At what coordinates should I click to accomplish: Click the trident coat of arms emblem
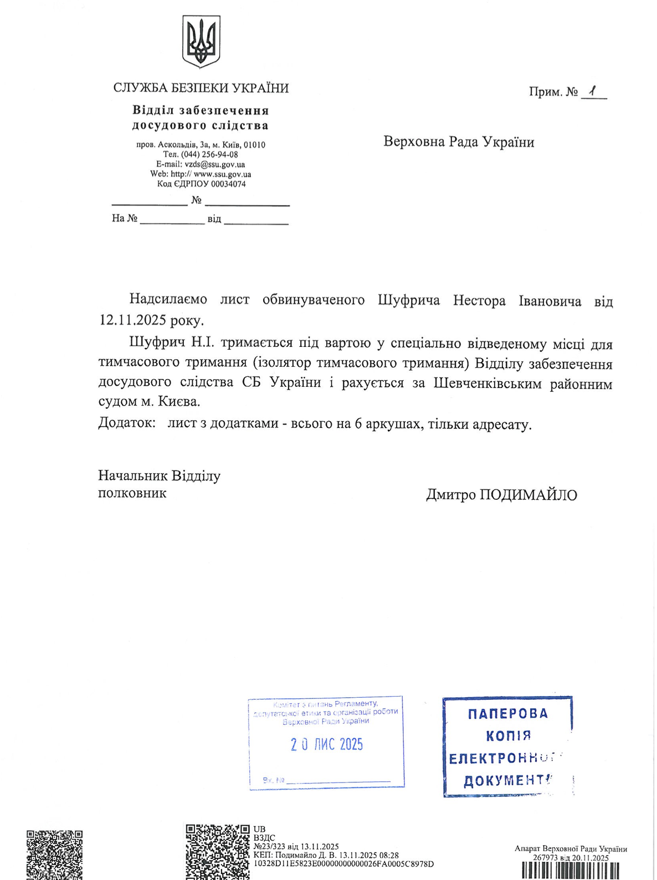(x=201, y=42)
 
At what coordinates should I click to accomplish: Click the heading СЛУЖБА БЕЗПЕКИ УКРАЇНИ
(x=201, y=88)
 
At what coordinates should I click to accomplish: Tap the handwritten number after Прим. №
(x=593, y=91)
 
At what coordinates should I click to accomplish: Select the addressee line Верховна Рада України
(x=459, y=142)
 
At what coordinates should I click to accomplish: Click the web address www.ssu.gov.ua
(x=222, y=174)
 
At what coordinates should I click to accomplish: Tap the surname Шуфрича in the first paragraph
(x=409, y=300)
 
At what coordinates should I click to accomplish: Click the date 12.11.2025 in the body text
(x=134, y=320)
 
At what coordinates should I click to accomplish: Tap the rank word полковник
(x=132, y=493)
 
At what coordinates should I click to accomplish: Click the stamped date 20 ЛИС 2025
(x=326, y=744)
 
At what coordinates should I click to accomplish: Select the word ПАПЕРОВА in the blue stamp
(x=507, y=714)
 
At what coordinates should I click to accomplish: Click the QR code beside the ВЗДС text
(x=217, y=851)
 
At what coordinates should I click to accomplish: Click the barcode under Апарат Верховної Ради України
(x=571, y=871)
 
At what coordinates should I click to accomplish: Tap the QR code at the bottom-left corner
(x=54, y=855)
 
